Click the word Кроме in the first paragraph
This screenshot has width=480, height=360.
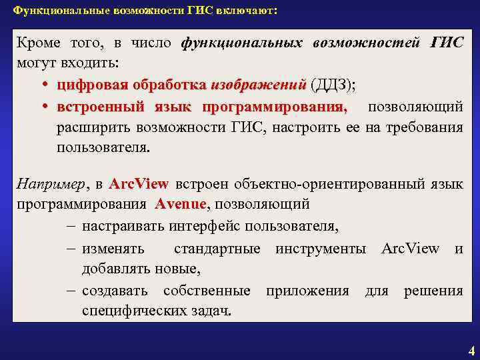click(x=39, y=43)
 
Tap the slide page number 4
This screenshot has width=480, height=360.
click(x=471, y=351)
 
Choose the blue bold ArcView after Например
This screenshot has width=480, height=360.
click(x=139, y=183)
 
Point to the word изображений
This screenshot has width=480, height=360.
click(x=257, y=86)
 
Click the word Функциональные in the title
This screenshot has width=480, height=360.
click(x=49, y=12)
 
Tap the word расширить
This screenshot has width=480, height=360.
click(x=85, y=127)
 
